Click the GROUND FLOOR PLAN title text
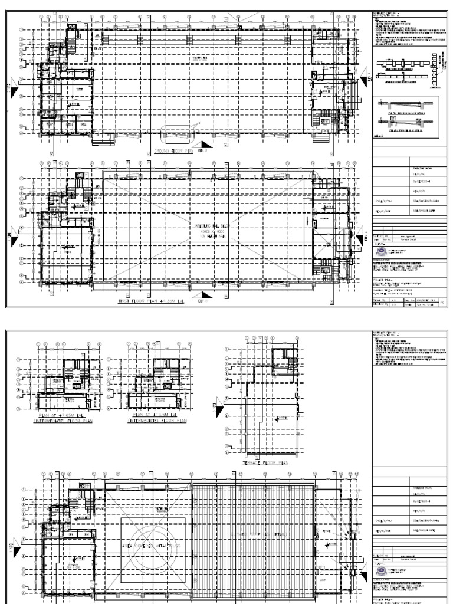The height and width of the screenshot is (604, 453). tap(175, 151)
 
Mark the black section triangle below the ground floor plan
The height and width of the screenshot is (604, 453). tap(206, 145)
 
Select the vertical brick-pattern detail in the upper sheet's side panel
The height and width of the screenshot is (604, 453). tap(438, 72)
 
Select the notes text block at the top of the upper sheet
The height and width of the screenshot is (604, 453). tap(411, 29)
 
